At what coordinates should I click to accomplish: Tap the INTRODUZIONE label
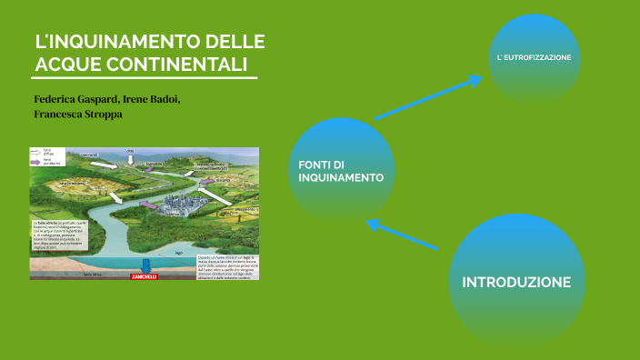click(515, 282)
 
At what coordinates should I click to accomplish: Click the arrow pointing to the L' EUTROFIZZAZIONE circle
click(427, 98)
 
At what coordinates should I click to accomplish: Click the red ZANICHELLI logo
click(144, 276)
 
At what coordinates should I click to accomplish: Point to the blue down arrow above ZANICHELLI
click(144, 266)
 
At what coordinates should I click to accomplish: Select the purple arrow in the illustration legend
click(37, 160)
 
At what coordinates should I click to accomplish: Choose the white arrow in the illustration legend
click(37, 152)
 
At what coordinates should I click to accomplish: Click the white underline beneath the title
click(145, 77)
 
